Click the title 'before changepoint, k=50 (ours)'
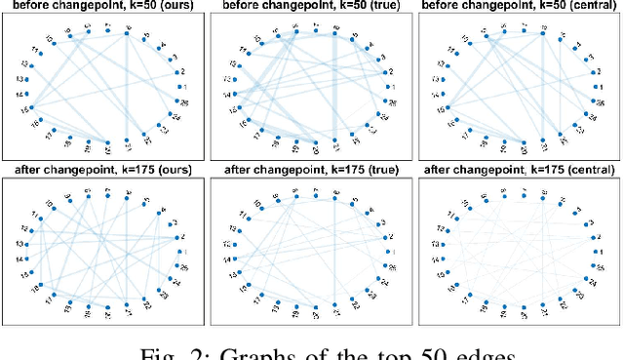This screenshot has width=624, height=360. click(104, 7)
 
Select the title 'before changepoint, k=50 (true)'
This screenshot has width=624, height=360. click(311, 7)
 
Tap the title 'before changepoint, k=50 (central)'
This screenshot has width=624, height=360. click(518, 7)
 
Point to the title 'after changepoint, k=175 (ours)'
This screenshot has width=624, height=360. click(104, 172)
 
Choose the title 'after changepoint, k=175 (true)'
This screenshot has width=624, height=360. click(311, 172)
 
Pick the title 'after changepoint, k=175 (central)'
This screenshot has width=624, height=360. click(518, 172)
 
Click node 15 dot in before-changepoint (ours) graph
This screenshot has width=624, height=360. click(31, 107)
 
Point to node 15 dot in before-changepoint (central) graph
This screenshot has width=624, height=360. click(446, 107)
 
